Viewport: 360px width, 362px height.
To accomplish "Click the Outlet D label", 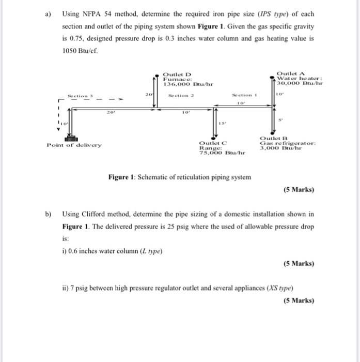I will pos(177,74).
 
